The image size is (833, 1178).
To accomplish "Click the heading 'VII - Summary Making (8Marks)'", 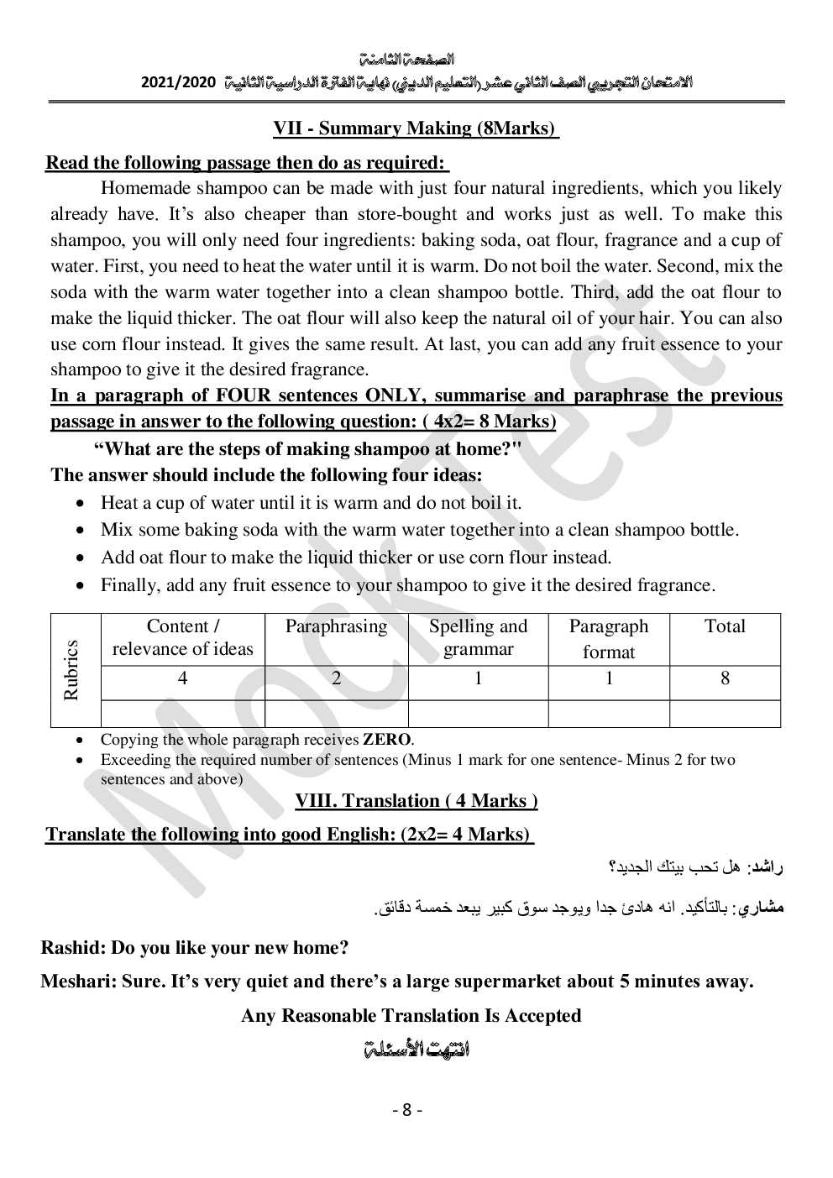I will click(x=416, y=128).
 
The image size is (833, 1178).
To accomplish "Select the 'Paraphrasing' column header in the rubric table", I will click(x=336, y=626).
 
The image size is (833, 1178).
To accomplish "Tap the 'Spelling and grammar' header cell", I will click(x=478, y=637).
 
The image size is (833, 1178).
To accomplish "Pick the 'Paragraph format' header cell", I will click(x=609, y=638).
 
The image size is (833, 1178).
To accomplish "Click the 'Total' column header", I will click(x=725, y=626).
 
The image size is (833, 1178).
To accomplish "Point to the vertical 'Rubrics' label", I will click(x=71, y=670).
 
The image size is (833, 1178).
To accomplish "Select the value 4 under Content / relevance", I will click(x=182, y=678).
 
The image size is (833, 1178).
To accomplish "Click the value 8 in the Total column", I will click(x=725, y=678).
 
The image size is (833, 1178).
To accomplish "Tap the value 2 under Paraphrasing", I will click(x=336, y=678).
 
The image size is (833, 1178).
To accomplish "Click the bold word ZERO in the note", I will click(x=387, y=740).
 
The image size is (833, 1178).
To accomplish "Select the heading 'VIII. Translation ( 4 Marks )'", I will click(x=416, y=801).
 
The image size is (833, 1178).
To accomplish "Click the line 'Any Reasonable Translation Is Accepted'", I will click(x=411, y=1016).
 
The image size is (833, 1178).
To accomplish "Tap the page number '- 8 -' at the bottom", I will click(x=407, y=1110).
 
